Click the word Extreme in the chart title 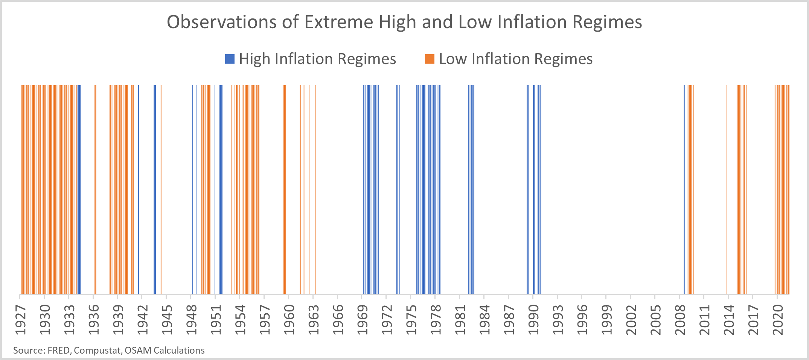338,22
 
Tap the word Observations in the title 221,22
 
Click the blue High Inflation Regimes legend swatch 230,59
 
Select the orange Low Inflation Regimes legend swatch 430,59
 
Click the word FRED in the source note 58,351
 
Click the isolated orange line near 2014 727,188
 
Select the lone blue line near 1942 139,188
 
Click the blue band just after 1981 471,188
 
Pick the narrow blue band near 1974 398,188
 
